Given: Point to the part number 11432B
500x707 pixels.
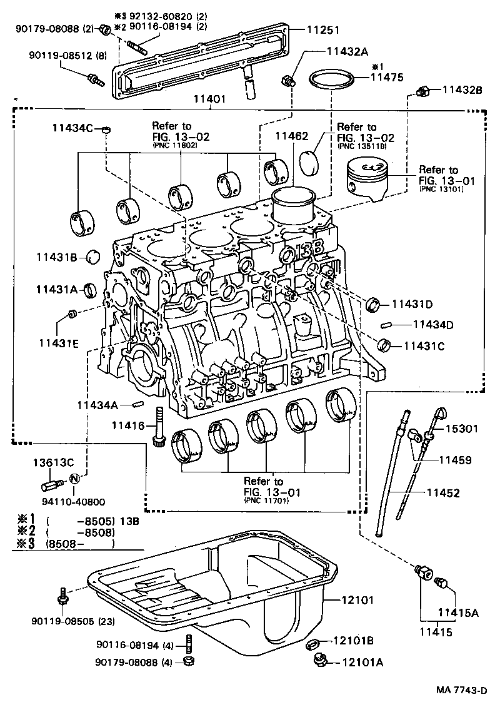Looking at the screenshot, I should [462, 90].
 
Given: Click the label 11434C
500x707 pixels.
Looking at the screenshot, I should [72, 128].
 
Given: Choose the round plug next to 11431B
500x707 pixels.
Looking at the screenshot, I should [93, 257].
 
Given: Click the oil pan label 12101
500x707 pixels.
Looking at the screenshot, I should [357, 600].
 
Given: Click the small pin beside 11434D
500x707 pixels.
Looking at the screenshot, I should [385, 325].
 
